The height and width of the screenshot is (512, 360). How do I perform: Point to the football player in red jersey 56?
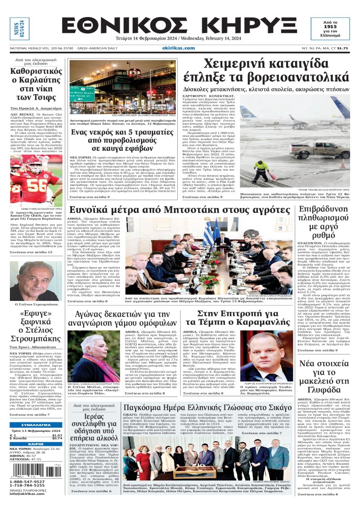coord(41,182)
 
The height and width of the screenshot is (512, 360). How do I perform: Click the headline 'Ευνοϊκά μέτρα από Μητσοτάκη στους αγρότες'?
coord(180,210)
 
